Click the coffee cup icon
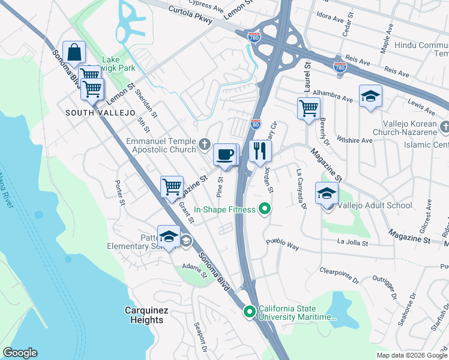(225, 155)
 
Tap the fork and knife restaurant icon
(260, 151)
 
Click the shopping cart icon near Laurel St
(309, 109)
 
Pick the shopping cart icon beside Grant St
(172, 186)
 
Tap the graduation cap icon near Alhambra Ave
(370, 96)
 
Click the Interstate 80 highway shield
(255, 124)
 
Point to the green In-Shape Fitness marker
(263, 209)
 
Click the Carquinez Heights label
(144, 315)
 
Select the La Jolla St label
(352, 242)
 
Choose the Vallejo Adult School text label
(374, 205)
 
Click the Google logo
(20, 353)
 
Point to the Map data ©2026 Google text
(412, 355)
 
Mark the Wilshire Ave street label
(355, 140)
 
